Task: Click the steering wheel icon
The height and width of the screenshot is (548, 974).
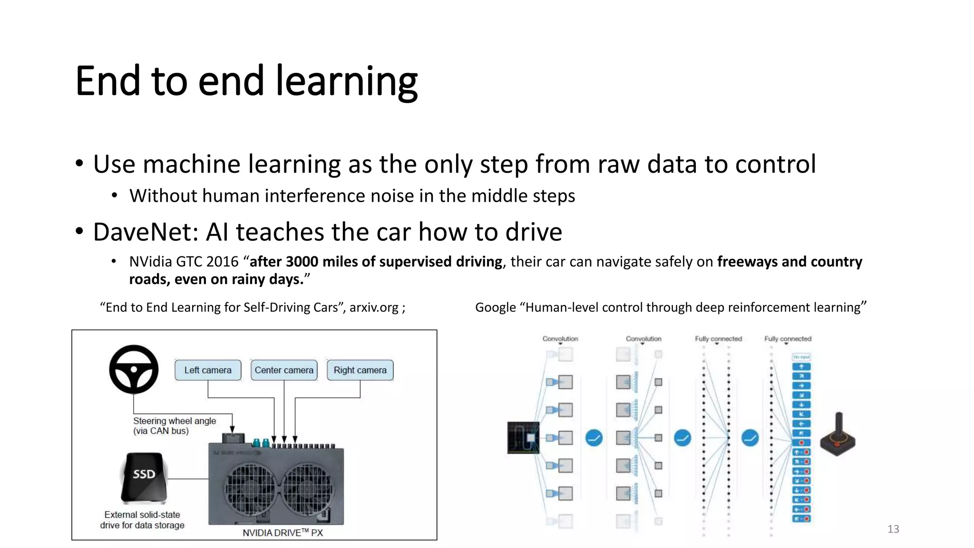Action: (134, 369)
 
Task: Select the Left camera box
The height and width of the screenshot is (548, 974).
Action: (208, 370)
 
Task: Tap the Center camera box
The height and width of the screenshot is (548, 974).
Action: (284, 370)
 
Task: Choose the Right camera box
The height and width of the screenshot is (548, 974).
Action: (360, 370)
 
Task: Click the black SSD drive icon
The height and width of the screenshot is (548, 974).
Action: (144, 477)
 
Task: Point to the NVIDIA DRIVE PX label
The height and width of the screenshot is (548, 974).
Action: (282, 533)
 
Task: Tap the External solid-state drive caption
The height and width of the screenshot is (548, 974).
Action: (142, 520)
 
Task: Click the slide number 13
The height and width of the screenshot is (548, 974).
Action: (893, 529)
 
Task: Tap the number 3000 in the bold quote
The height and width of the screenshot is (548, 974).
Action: (302, 262)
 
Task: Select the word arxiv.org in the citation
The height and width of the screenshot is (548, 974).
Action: (374, 307)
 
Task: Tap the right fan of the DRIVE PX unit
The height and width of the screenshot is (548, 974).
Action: (308, 489)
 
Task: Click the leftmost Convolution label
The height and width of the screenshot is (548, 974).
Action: (560, 339)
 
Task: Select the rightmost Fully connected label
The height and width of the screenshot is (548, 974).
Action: (788, 339)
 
